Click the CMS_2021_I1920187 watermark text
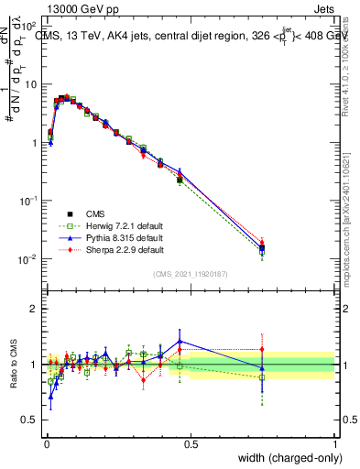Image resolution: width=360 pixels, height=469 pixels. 190,274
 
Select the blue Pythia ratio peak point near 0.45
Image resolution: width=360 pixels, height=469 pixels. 180,341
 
